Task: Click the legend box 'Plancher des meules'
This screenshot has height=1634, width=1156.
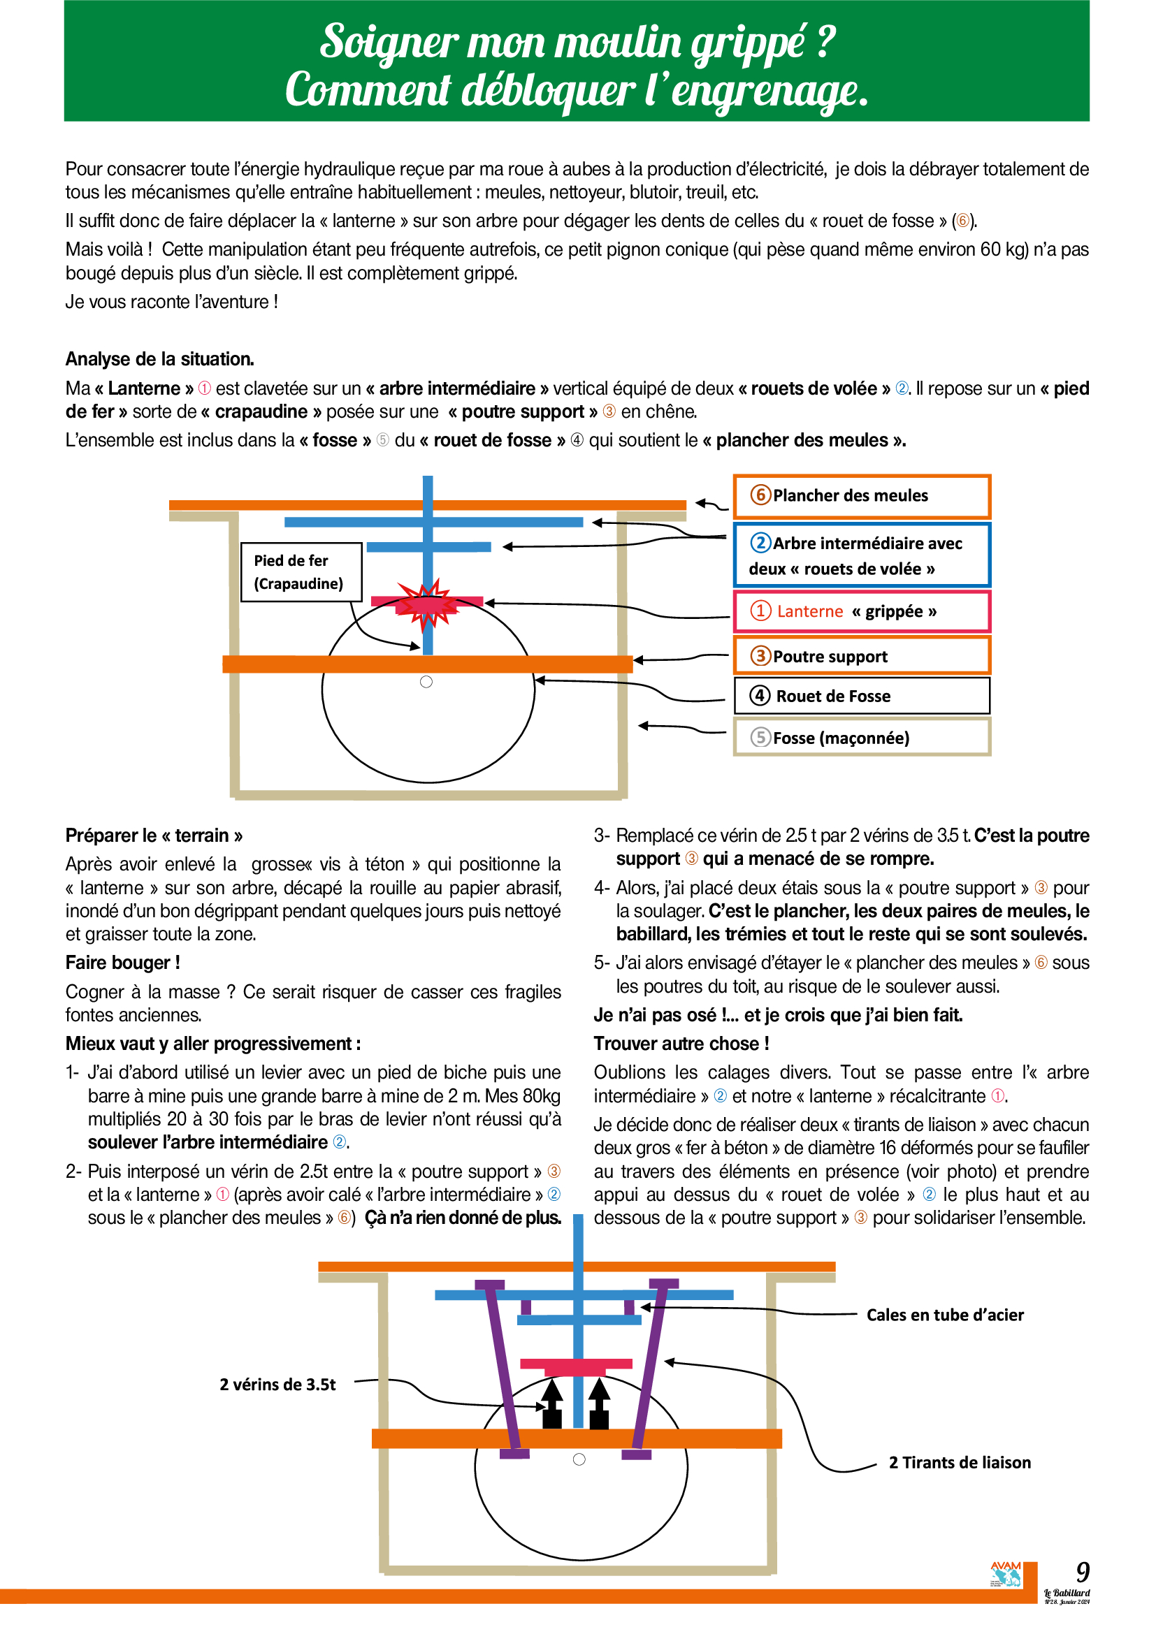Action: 861,496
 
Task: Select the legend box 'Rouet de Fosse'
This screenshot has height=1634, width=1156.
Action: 861,695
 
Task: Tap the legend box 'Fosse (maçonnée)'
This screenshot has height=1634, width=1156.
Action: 861,736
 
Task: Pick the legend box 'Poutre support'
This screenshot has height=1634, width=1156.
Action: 861,655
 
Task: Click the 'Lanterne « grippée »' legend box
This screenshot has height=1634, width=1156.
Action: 861,611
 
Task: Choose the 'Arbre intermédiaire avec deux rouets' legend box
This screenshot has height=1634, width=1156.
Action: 861,555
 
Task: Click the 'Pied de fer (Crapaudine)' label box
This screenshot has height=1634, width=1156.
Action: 301,572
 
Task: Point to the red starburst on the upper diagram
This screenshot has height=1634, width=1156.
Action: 426,605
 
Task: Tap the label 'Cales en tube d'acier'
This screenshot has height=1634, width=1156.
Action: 945,1315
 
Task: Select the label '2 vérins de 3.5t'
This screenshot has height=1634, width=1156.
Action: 277,1384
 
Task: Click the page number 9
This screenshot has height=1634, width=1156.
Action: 1082,1572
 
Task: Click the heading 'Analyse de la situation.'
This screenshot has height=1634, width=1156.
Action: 159,358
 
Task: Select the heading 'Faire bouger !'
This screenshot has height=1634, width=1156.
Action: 122,963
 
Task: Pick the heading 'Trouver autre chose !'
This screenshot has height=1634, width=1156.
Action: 681,1043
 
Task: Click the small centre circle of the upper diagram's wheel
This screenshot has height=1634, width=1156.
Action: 426,682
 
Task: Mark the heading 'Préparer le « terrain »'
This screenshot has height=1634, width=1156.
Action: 154,835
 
